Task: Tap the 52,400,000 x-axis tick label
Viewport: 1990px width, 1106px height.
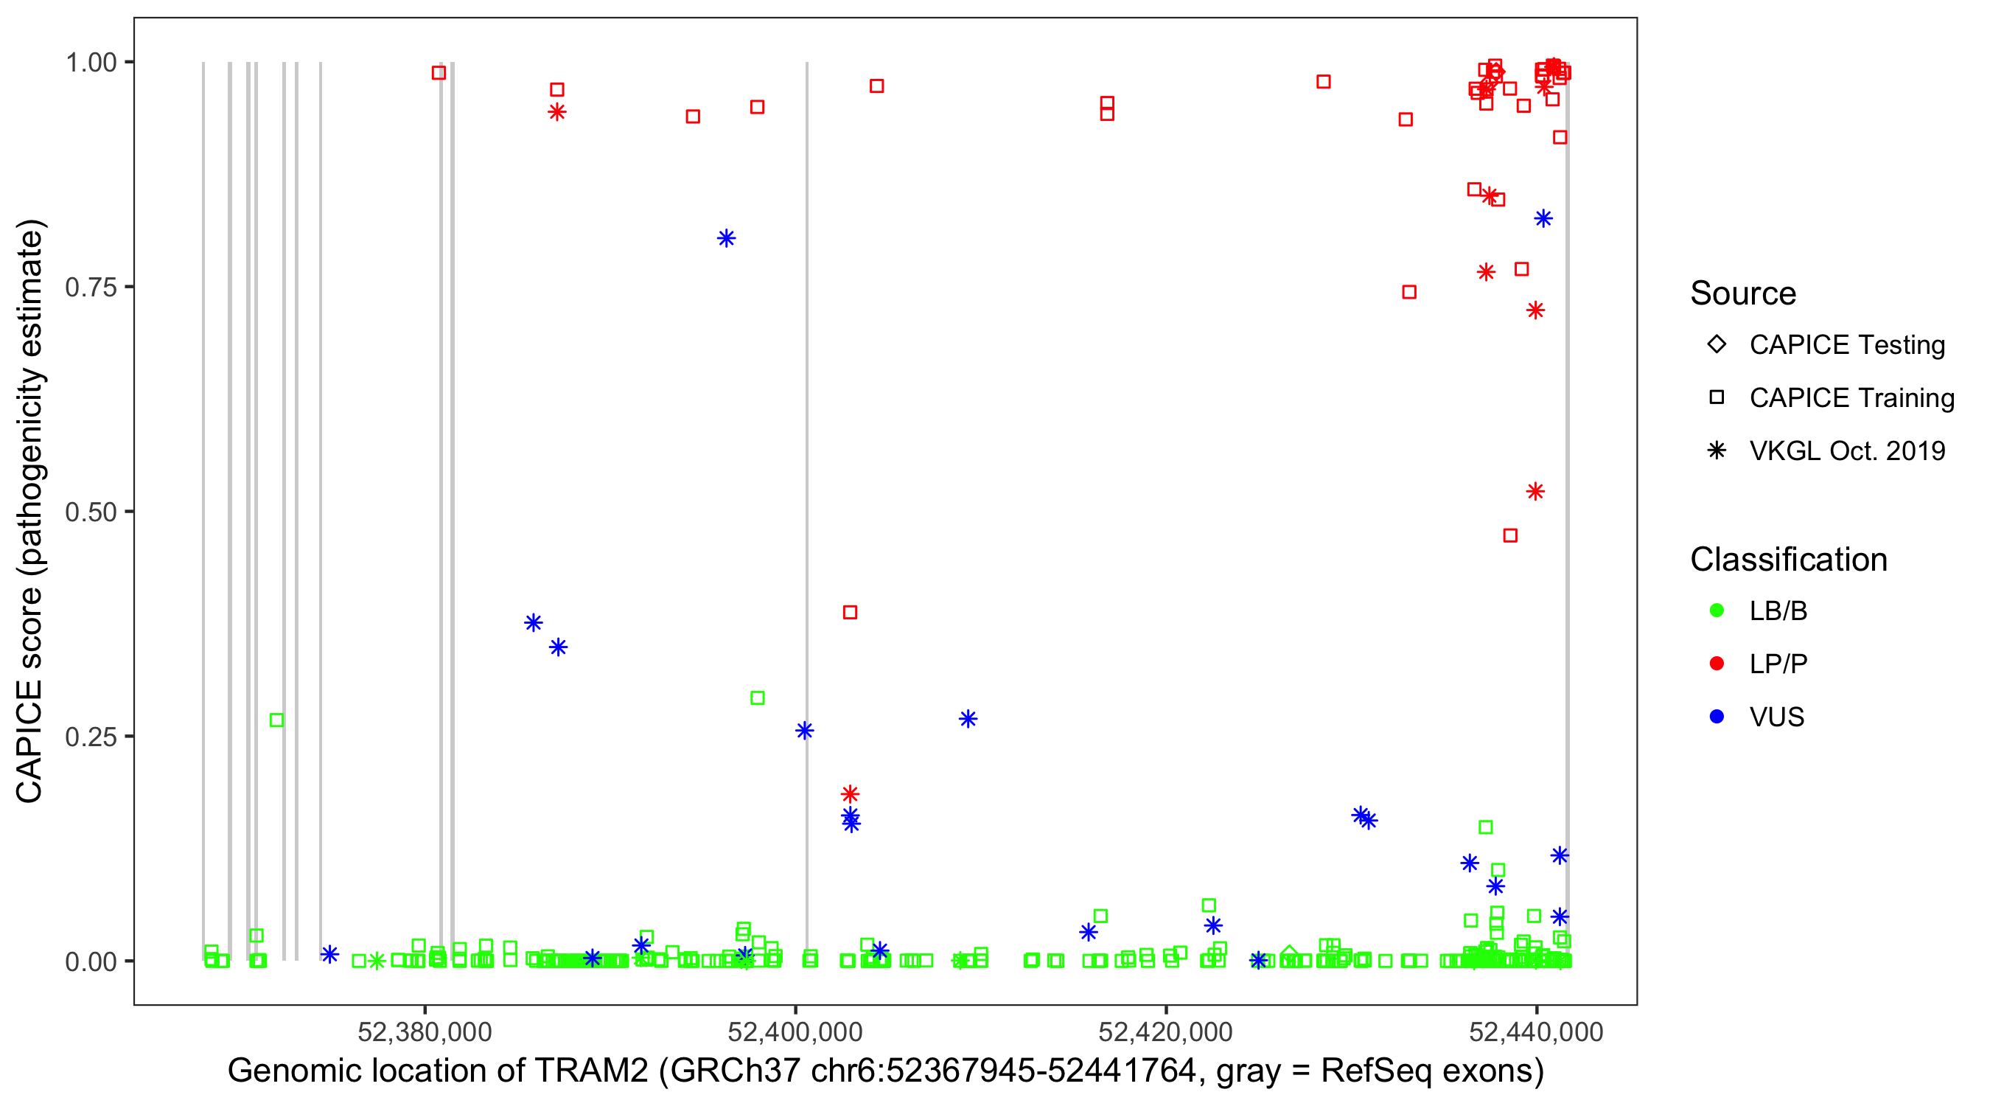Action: coord(795,1032)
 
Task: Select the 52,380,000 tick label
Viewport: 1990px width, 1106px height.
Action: coord(425,1032)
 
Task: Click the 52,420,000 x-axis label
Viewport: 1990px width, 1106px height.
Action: coord(1166,1032)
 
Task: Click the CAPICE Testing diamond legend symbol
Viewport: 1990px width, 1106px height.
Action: coord(1717,345)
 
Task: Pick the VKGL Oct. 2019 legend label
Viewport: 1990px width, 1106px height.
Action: coord(1847,451)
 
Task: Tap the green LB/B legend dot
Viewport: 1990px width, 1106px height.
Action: coord(1717,611)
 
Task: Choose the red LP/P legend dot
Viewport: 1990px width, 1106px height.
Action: coord(1717,664)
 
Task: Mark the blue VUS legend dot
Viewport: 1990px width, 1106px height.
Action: coord(1717,717)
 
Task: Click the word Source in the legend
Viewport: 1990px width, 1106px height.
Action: coord(1743,293)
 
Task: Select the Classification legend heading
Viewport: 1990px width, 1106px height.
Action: coord(1788,560)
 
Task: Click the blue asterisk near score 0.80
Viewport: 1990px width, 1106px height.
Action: coord(726,238)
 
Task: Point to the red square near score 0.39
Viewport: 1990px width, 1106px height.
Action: coord(850,612)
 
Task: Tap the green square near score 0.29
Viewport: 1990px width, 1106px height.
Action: coord(758,698)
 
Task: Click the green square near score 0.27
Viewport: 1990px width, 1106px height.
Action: coord(276,720)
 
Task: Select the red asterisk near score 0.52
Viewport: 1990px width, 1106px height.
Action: coord(1535,492)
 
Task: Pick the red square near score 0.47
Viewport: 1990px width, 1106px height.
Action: coord(1510,535)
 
